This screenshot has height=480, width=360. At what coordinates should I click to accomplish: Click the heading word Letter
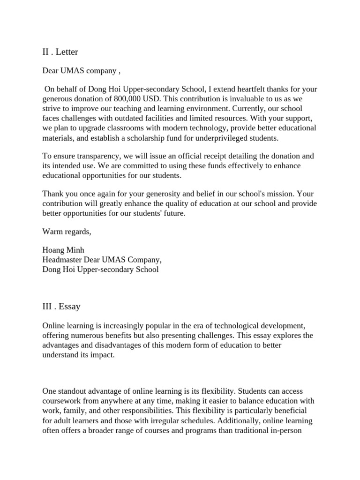point(67,52)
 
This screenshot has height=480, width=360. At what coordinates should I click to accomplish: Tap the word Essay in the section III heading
point(69,307)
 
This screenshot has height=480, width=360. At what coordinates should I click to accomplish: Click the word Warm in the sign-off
point(52,231)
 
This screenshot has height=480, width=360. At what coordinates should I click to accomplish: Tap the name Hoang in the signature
point(53,250)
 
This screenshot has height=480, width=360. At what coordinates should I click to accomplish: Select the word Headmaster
point(63,260)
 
